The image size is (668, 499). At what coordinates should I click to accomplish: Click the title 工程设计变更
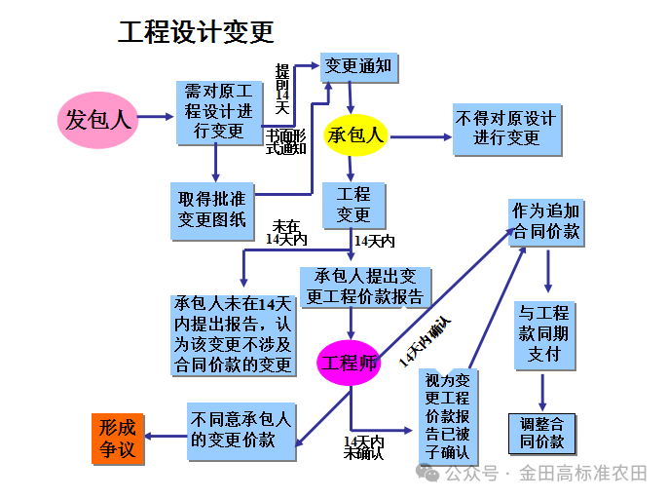click(x=196, y=32)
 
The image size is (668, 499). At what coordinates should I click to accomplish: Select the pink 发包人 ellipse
click(x=96, y=120)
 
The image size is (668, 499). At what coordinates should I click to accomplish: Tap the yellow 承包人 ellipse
click(x=356, y=135)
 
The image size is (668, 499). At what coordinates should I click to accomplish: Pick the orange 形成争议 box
click(x=118, y=439)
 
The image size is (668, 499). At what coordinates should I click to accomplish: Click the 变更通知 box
click(x=358, y=66)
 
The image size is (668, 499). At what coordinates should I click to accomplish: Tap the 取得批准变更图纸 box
click(x=211, y=210)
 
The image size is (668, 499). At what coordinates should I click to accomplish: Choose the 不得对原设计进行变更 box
click(x=506, y=129)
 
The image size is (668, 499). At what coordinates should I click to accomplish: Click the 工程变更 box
click(x=353, y=205)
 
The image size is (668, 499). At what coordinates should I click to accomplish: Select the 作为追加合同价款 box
click(x=546, y=221)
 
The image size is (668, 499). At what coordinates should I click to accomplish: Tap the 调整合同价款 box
click(x=542, y=433)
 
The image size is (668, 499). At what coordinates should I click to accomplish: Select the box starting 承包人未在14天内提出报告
click(x=233, y=334)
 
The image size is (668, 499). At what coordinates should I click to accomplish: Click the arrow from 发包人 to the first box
click(x=156, y=118)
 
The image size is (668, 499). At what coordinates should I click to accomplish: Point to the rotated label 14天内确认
click(x=425, y=341)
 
